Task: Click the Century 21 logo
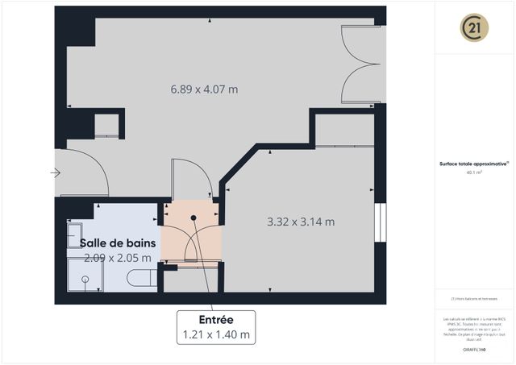(474, 28)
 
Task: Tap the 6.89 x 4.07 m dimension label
(204, 89)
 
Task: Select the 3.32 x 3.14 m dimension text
(301, 222)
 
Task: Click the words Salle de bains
(106, 242)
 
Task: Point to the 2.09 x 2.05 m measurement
(106, 258)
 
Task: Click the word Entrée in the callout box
(216, 318)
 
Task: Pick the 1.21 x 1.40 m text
(216, 334)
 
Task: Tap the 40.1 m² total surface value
(474, 172)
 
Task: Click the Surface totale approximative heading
(474, 164)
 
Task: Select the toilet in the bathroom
(143, 280)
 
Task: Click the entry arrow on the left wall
(56, 172)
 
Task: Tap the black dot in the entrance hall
(194, 218)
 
